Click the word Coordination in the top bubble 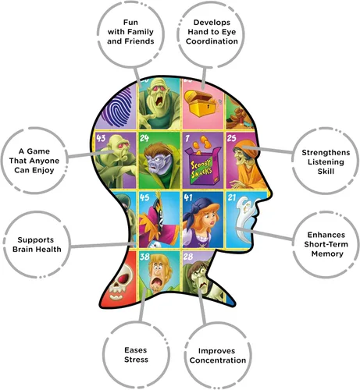pyautogui.click(x=212, y=41)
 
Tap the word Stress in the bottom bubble pyautogui.click(x=136, y=360)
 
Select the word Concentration pyautogui.click(x=218, y=360)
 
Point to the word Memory pyautogui.click(x=327, y=254)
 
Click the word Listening pyautogui.click(x=326, y=162)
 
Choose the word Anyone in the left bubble pyautogui.click(x=45, y=161)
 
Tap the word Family pyautogui.click(x=143, y=32)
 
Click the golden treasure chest pyautogui.click(x=200, y=104)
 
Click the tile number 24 pyautogui.click(x=144, y=138)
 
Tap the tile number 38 pyautogui.click(x=144, y=257)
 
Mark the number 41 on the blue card pyautogui.click(x=187, y=197)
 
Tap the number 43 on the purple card pyautogui.click(x=101, y=138)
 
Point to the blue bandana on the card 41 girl pyautogui.click(x=201, y=206)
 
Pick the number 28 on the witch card pyautogui.click(x=188, y=257)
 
